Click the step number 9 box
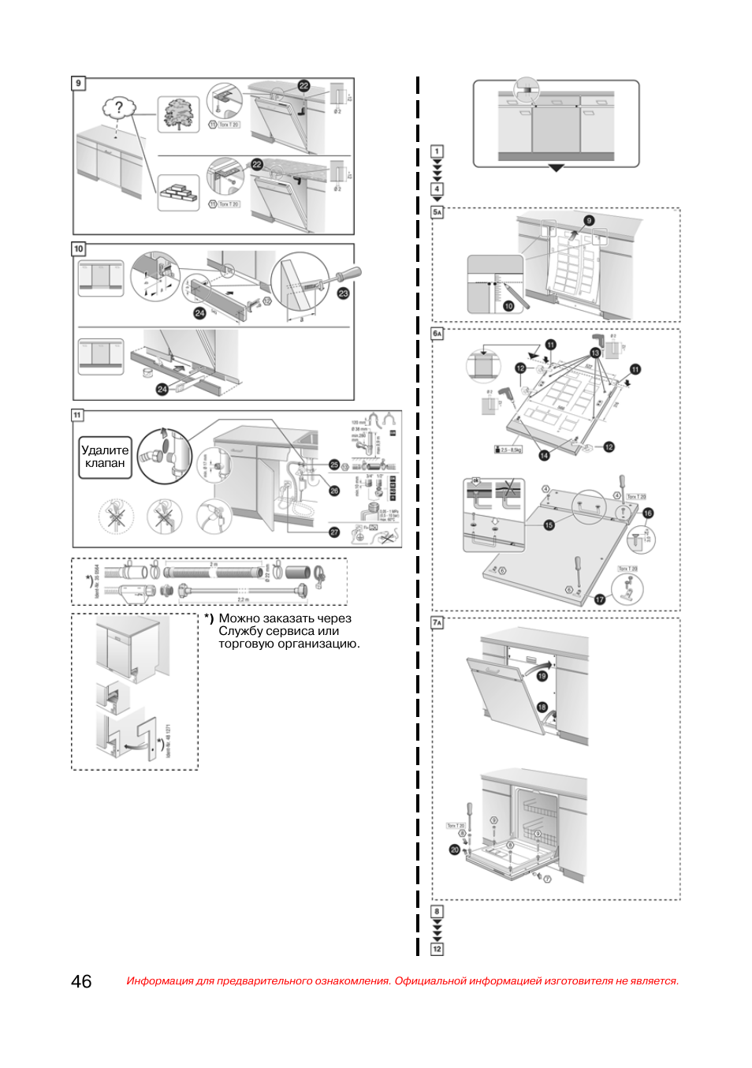78,83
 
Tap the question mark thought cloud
119,107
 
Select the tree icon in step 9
178,114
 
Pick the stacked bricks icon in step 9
179,193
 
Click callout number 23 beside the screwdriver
343,293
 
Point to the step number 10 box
78,248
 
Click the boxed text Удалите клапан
105,457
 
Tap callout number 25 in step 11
334,465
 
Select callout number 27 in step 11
334,532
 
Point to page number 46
81,981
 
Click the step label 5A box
437,212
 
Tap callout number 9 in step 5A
589,221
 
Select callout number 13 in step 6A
595,353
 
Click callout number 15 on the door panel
549,525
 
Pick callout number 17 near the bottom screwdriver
600,599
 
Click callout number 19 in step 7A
542,676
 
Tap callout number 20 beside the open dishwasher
454,850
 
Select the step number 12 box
437,949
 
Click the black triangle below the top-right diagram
557,168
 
